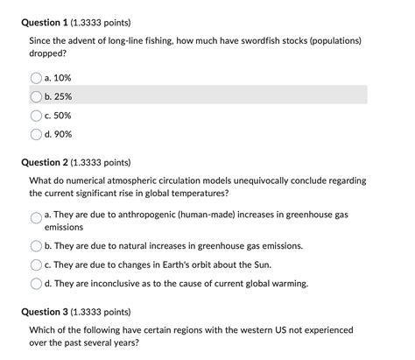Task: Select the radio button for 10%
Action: [x=37, y=77]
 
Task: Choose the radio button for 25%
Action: [x=37, y=95]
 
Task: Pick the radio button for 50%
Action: [x=37, y=115]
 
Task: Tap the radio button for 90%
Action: [x=37, y=134]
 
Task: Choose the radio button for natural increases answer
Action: [x=37, y=245]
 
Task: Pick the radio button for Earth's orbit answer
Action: [x=37, y=264]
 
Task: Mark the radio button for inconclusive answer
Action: [x=37, y=283]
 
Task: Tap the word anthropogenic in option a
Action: [x=133, y=214]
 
